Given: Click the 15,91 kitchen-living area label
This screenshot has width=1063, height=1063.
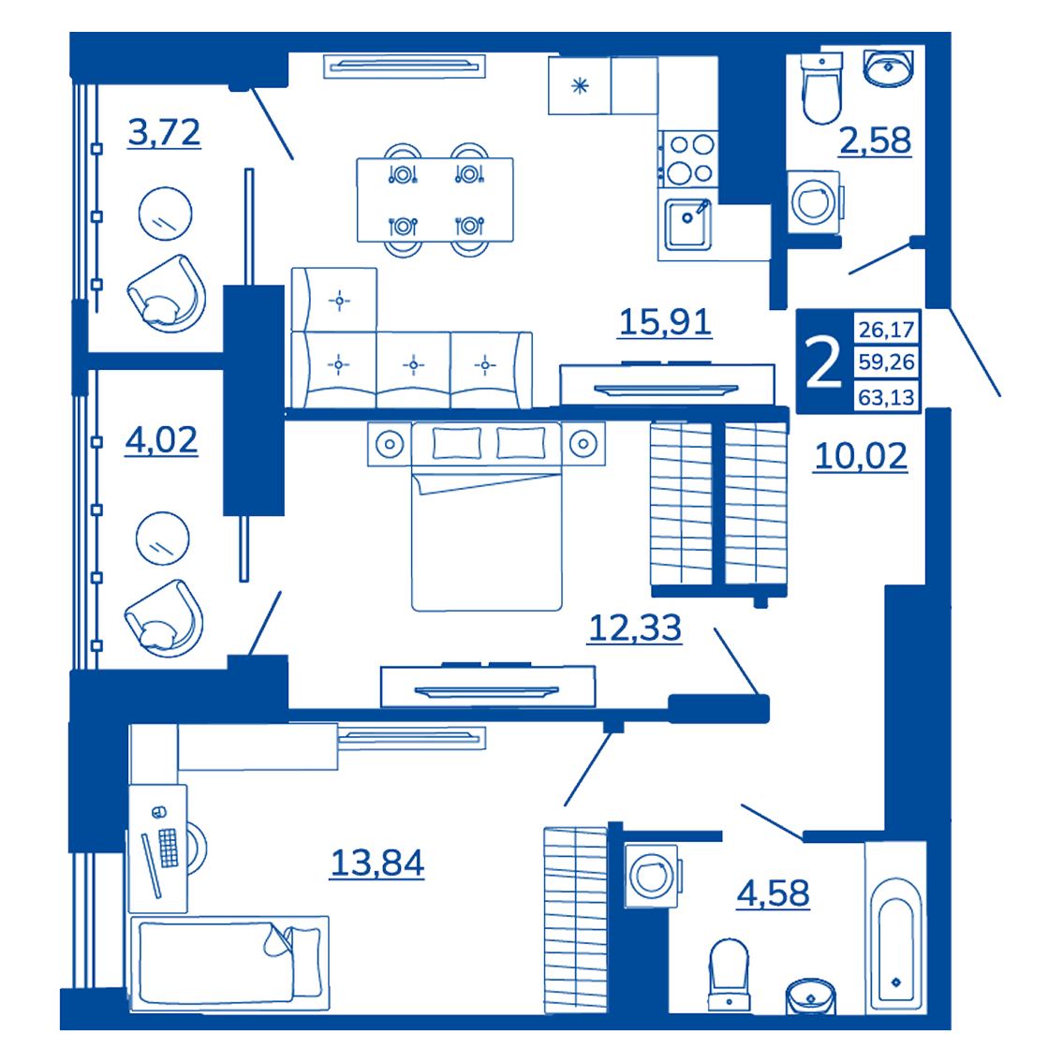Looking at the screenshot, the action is (665, 322).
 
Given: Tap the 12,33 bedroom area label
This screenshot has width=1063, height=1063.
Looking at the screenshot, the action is (635, 628).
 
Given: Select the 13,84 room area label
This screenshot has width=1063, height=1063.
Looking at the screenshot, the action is (376, 863).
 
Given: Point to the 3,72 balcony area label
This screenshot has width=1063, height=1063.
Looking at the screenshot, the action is (164, 132).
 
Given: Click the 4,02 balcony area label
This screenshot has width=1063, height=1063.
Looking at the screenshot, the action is (161, 441).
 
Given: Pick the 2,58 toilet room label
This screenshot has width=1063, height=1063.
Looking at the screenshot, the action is (875, 141).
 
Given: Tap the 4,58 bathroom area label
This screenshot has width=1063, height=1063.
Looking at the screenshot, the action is (773, 893).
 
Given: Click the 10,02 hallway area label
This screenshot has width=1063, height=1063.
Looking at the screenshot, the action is (861, 456).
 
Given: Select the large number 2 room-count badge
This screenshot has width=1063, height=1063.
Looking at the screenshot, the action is (823, 362).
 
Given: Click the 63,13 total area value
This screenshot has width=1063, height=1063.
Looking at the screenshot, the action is (886, 397).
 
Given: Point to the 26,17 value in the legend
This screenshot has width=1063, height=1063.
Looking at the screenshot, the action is (886, 330).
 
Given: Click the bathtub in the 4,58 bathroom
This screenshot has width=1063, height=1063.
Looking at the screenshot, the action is (895, 927).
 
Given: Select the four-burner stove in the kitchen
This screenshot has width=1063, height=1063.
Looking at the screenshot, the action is (688, 158).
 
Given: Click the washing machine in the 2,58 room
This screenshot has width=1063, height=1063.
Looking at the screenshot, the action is (814, 202).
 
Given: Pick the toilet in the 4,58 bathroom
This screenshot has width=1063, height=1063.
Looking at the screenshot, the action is (729, 974).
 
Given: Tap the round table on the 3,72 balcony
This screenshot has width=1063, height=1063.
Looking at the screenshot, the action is (166, 214).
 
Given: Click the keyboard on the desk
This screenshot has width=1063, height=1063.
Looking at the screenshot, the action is (169, 848).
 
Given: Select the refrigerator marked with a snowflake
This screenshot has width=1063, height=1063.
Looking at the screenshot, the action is (580, 85).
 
